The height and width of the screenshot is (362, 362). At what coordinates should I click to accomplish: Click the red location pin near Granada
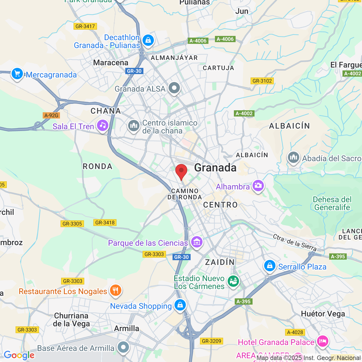(x=181, y=171)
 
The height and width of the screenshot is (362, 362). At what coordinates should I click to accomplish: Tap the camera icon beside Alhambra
(x=258, y=186)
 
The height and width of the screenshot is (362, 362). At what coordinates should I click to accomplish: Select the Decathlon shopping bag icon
(x=148, y=40)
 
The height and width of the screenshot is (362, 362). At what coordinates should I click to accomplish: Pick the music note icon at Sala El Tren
(x=103, y=126)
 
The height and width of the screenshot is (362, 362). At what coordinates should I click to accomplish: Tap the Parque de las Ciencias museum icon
(x=197, y=242)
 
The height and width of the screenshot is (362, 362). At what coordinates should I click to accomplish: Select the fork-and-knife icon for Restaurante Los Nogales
(x=115, y=290)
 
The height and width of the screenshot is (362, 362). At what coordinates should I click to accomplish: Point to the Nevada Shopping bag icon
(x=180, y=305)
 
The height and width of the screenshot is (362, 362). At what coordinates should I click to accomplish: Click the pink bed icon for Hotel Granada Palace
(x=322, y=341)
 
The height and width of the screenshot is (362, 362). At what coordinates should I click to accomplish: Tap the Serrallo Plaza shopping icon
(x=270, y=266)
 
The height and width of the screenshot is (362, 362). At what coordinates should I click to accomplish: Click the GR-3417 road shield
(x=85, y=26)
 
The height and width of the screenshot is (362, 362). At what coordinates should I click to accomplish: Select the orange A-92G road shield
(x=51, y=115)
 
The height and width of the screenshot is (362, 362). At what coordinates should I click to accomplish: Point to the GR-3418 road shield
(x=105, y=223)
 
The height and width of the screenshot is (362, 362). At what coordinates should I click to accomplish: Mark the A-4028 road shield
(x=295, y=332)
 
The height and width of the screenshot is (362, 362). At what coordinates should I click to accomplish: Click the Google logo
(x=19, y=355)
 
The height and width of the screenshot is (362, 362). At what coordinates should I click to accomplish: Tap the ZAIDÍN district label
(x=220, y=262)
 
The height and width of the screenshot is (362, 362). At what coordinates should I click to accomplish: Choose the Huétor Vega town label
(x=323, y=314)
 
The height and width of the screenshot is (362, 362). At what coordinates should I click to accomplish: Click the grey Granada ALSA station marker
(x=174, y=88)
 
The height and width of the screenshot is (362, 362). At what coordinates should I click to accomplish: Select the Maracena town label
(x=111, y=63)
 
